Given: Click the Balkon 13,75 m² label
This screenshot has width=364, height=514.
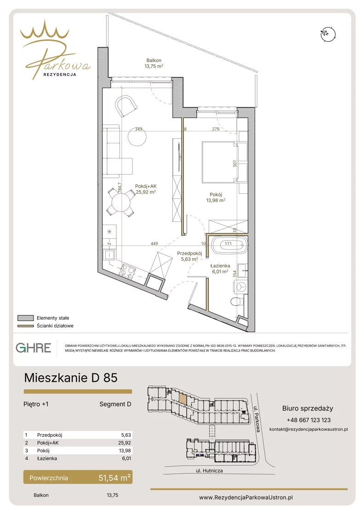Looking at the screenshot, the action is point(154,63).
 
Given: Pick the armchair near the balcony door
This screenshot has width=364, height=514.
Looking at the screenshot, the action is point(125,106).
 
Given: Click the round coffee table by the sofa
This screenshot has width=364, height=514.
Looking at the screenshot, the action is point(137,136).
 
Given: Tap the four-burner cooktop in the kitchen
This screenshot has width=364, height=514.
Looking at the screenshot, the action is point(127,271).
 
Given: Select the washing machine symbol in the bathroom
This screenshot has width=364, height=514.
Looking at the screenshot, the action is point(242,287).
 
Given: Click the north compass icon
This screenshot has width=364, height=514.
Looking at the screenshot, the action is point(328,34).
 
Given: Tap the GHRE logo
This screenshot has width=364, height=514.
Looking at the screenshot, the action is point(34,347).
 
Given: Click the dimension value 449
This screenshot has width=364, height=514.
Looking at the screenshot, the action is point(154,243).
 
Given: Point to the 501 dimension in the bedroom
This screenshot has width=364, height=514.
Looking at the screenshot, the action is point(235,163).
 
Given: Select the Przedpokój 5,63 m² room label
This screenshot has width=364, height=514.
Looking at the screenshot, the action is point(189,256).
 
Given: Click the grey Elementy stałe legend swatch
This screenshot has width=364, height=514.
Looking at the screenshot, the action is point(26,318).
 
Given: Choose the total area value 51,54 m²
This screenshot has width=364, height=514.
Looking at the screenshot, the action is point(114,478).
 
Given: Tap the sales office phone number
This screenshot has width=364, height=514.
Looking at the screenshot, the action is point(308,420).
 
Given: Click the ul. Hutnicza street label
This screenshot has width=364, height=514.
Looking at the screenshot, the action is point(209,470).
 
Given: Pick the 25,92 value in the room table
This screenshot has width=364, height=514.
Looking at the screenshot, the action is point(125,442).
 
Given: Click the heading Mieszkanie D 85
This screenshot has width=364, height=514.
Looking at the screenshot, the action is point(71,378).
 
